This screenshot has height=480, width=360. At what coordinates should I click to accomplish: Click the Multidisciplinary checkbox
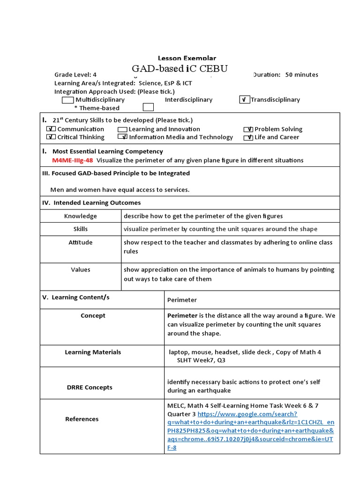(68, 100)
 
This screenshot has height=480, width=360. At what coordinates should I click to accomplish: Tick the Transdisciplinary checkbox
(244, 100)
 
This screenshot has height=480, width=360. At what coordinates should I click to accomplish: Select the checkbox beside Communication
(52, 129)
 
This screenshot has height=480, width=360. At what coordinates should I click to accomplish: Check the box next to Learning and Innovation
(123, 129)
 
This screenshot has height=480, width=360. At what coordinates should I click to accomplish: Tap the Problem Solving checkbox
(248, 129)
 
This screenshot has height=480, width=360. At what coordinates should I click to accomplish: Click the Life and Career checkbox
(248, 137)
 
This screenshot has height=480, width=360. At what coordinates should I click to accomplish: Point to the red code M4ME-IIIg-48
(73, 160)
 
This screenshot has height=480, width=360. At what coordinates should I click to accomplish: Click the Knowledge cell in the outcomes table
(81, 216)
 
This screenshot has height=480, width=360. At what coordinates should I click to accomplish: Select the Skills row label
(81, 229)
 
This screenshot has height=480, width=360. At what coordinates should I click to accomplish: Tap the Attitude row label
(81, 242)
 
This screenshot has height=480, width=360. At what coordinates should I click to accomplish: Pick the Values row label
(81, 270)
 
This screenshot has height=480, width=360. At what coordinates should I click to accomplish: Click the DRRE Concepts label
(90, 387)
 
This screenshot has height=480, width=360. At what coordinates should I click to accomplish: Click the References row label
(82, 419)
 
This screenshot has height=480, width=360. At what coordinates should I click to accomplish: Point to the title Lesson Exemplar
(187, 59)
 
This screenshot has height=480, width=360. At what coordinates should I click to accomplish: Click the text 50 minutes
(301, 75)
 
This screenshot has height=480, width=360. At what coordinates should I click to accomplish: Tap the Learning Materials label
(93, 352)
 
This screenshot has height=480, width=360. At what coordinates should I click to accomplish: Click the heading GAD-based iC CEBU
(180, 69)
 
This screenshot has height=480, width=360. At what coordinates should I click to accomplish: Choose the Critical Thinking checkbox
(52, 137)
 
